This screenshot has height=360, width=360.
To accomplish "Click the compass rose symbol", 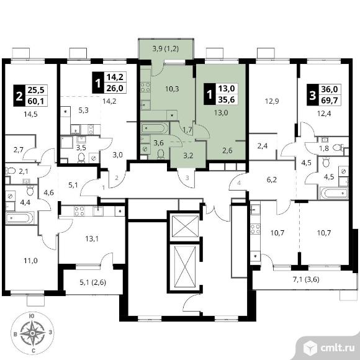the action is tap(33, 333).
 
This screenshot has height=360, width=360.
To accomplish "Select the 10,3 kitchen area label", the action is tap(172, 89).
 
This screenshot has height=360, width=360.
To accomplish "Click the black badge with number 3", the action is tap(313, 95).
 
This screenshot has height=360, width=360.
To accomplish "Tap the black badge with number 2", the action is tap(19, 96).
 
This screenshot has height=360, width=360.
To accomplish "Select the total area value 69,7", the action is tap(330, 101).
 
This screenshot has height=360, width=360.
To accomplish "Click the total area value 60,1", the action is tap(36, 101).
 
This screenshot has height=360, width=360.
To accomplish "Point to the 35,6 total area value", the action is tap(227, 99).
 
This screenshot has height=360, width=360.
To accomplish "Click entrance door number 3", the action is tap(187, 178).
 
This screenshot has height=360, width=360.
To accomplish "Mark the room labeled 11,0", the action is tap(30, 261).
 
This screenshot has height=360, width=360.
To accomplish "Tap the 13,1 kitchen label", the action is tap(92, 239).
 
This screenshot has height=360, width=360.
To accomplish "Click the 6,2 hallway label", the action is tap(272, 180).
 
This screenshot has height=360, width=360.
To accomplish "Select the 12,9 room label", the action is tap(272, 101).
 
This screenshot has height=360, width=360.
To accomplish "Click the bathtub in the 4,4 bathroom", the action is tap(20, 218).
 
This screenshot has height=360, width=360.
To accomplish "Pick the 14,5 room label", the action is tap(30, 114).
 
